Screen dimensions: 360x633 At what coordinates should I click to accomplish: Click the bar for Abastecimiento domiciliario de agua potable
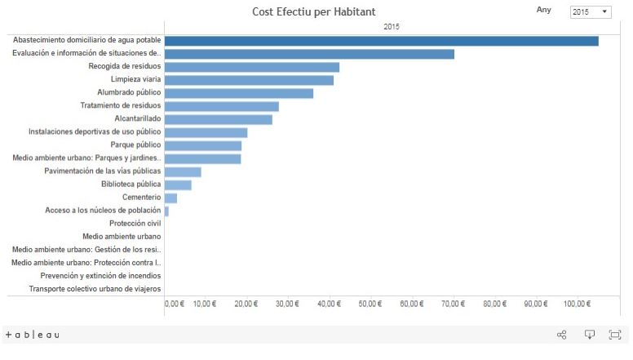click(x=381, y=41)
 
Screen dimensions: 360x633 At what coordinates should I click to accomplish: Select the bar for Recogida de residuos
click(x=251, y=67)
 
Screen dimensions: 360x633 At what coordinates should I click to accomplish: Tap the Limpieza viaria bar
click(x=249, y=80)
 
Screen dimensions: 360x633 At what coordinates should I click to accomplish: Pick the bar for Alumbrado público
click(x=239, y=93)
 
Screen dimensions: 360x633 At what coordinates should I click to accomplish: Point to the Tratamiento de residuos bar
click(x=222, y=106)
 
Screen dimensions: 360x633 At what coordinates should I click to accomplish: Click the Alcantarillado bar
click(x=219, y=119)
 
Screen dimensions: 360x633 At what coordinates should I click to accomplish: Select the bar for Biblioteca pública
click(x=178, y=184)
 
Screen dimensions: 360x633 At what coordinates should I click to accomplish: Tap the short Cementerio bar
click(x=170, y=198)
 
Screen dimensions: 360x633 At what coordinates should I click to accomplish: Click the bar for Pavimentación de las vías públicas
click(x=183, y=171)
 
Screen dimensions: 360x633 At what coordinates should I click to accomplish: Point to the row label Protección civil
click(x=135, y=223)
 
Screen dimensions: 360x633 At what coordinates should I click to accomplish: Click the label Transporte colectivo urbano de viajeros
click(x=95, y=288)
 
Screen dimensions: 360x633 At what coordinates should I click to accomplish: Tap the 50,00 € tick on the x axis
click(x=370, y=304)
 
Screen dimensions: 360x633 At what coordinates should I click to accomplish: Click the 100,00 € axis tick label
click(x=577, y=304)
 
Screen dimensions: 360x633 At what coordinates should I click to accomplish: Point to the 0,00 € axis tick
click(x=175, y=304)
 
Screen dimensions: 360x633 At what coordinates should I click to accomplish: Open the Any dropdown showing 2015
click(x=591, y=11)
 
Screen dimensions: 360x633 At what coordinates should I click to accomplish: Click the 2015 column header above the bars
click(x=391, y=26)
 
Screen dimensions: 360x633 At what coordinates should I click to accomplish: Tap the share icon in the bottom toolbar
click(x=561, y=335)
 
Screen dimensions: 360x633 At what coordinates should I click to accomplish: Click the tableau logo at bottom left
click(x=32, y=335)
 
